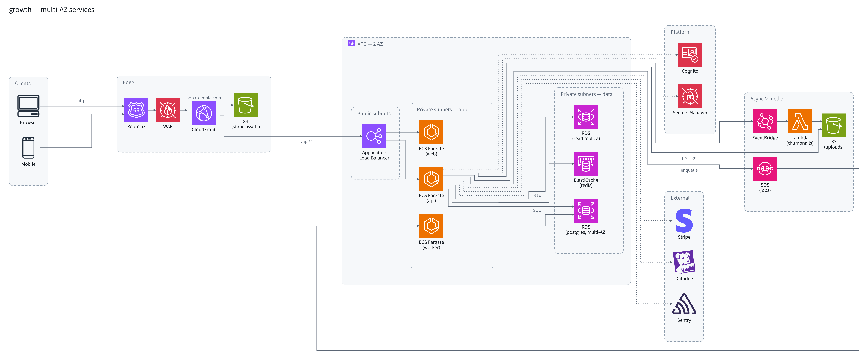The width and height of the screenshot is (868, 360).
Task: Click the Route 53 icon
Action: (x=136, y=110)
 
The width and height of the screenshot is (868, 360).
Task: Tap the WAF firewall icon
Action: (x=167, y=110)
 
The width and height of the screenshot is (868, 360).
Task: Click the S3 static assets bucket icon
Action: (x=246, y=105)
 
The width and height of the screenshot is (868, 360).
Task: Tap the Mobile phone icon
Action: (x=28, y=148)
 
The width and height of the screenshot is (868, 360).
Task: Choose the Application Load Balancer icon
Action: (x=374, y=136)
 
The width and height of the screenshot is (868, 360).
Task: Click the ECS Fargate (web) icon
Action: (x=431, y=132)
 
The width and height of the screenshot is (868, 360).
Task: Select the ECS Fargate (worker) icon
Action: (x=431, y=226)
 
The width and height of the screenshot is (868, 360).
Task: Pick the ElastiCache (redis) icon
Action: (x=586, y=164)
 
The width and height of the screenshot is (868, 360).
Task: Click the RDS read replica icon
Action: (x=586, y=117)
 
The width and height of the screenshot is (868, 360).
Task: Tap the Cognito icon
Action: (x=690, y=55)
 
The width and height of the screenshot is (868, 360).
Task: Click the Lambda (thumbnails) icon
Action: (x=800, y=121)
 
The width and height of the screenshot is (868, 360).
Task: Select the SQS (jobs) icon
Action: (x=765, y=169)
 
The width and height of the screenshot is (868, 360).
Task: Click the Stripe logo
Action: (x=684, y=221)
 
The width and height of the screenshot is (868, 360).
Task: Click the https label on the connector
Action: (x=82, y=100)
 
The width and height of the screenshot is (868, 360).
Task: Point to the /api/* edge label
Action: (x=306, y=142)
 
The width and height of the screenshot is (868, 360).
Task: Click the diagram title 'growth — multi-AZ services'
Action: (x=51, y=9)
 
